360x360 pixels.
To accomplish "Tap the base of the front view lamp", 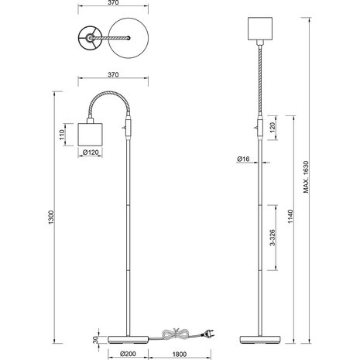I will pyautogui.click(x=260, y=339).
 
